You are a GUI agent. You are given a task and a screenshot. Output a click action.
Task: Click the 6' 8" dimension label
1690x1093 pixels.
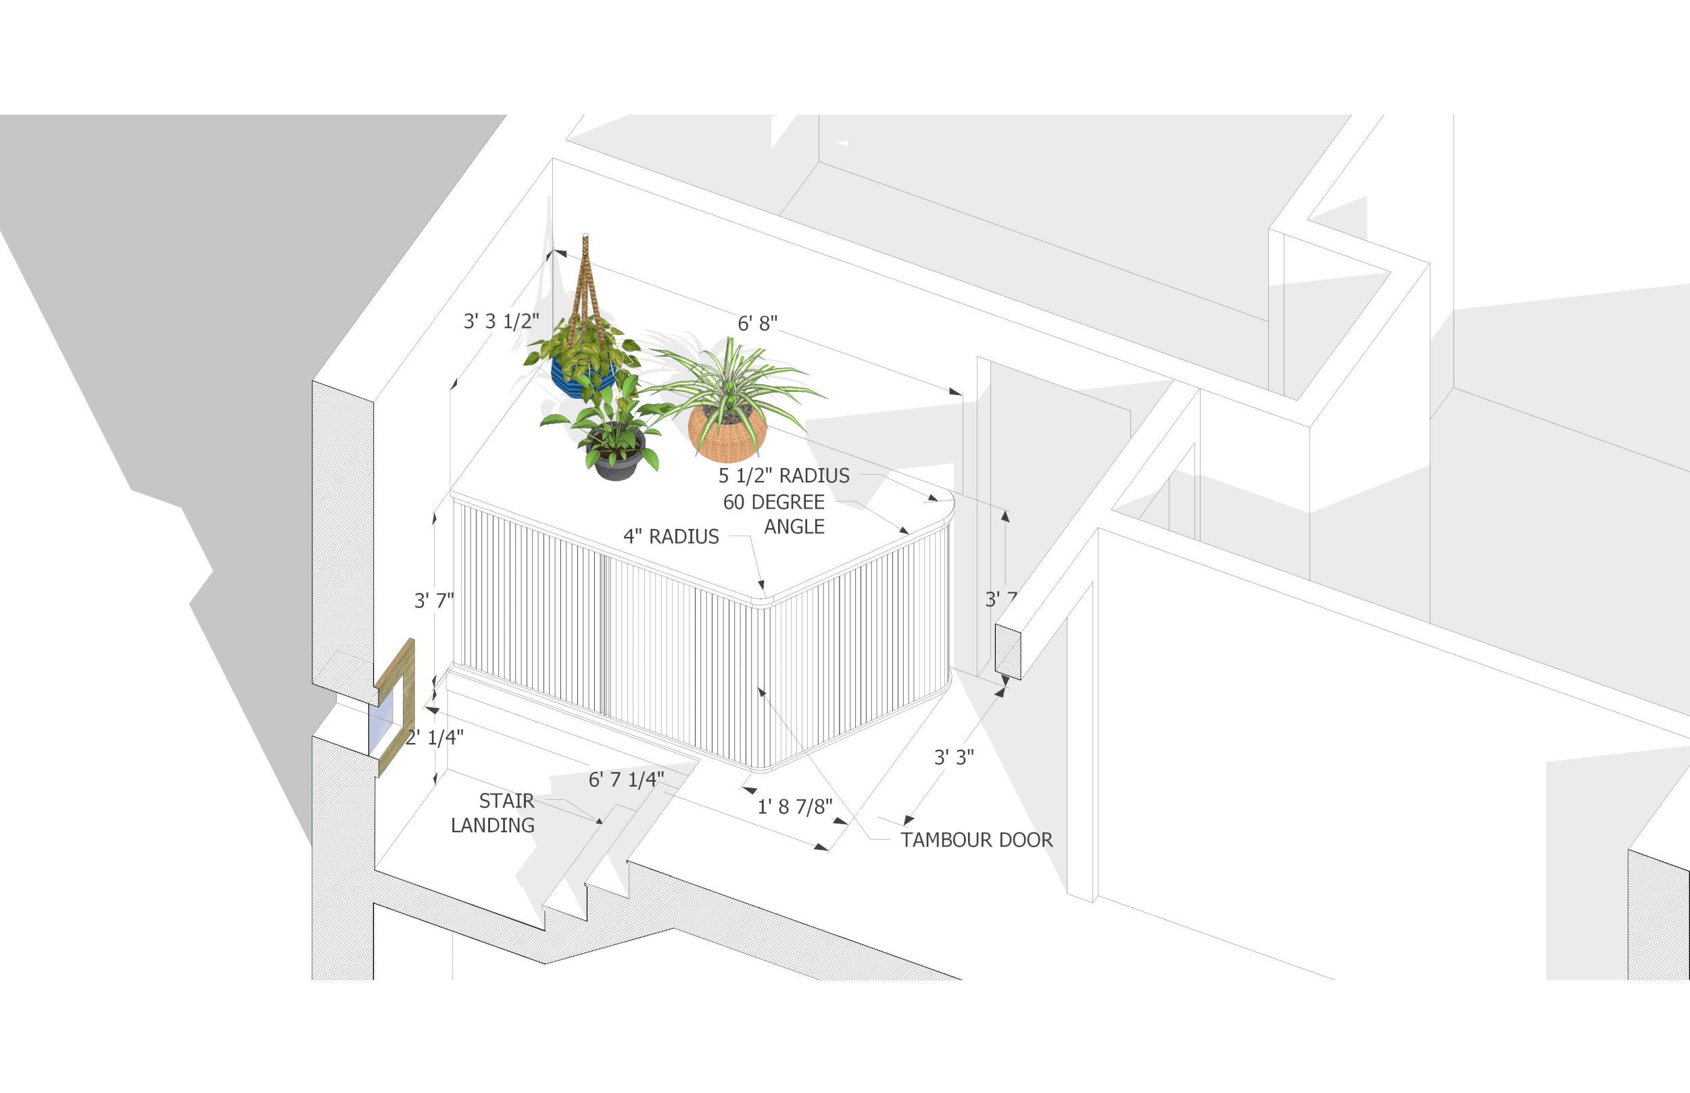coord(757,324)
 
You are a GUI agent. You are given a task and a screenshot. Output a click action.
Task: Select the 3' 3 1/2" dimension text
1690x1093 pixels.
coord(502,322)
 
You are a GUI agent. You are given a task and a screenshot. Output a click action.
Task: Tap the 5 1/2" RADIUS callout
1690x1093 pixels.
coord(783,476)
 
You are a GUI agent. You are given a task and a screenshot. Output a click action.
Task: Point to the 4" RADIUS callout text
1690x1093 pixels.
coord(671,536)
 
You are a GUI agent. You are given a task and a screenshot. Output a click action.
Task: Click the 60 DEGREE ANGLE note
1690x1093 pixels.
coord(774,514)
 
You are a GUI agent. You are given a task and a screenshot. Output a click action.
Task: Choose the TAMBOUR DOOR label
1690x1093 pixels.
coord(975,840)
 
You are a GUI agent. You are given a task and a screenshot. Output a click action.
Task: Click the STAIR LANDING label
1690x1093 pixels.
coord(493,813)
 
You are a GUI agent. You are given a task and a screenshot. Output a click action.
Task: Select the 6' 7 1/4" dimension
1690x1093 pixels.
coord(625,780)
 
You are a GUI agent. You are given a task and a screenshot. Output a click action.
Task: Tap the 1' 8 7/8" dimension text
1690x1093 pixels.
coord(794,807)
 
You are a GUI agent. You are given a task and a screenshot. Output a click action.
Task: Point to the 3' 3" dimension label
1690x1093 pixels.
coord(953,757)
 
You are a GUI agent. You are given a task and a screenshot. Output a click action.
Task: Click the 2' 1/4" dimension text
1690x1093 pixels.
coord(435,738)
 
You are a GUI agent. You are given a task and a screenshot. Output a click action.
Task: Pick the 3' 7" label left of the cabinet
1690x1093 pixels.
coord(433,601)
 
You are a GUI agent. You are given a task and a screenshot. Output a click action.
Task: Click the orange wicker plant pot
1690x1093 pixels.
coord(726,434)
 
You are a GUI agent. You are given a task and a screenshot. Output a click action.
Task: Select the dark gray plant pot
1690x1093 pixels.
coord(617,460)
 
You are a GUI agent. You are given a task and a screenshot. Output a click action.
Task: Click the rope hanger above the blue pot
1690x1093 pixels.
coord(585,284)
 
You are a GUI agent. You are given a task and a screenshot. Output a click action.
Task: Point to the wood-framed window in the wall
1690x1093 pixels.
coord(395,707)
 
